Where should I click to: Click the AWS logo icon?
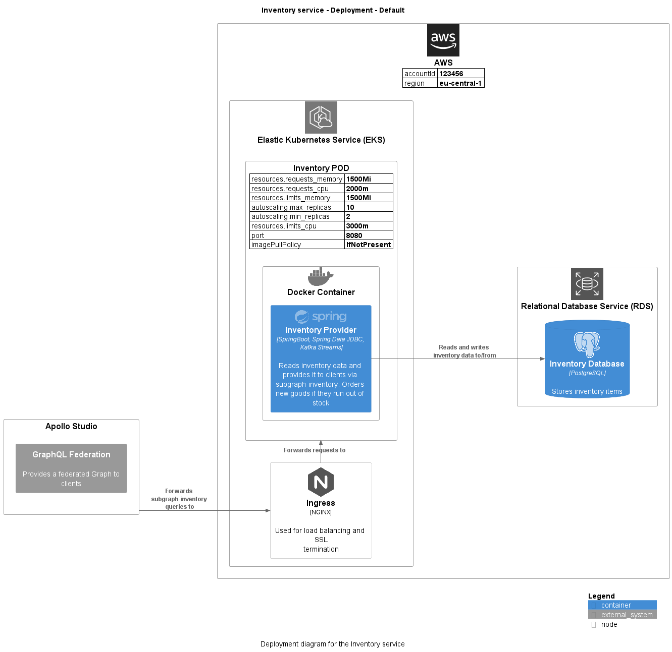[443, 40]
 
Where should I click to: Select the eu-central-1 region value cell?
[460, 83]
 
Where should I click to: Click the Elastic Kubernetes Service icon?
[321, 117]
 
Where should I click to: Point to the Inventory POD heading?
[321, 168]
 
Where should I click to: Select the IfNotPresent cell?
[368, 245]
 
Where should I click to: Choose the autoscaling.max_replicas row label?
[291, 207]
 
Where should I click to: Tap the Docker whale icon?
[321, 277]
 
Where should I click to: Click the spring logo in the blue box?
[321, 317]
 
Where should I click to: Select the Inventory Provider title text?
[321, 330]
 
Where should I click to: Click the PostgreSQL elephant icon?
[587, 344]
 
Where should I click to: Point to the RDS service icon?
[587, 284]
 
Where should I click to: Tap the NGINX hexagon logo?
[321, 482]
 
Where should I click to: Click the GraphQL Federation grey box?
[71, 468]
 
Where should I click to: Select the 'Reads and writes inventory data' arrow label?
[464, 351]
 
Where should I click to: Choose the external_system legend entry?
[622, 615]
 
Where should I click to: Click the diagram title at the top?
[333, 10]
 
